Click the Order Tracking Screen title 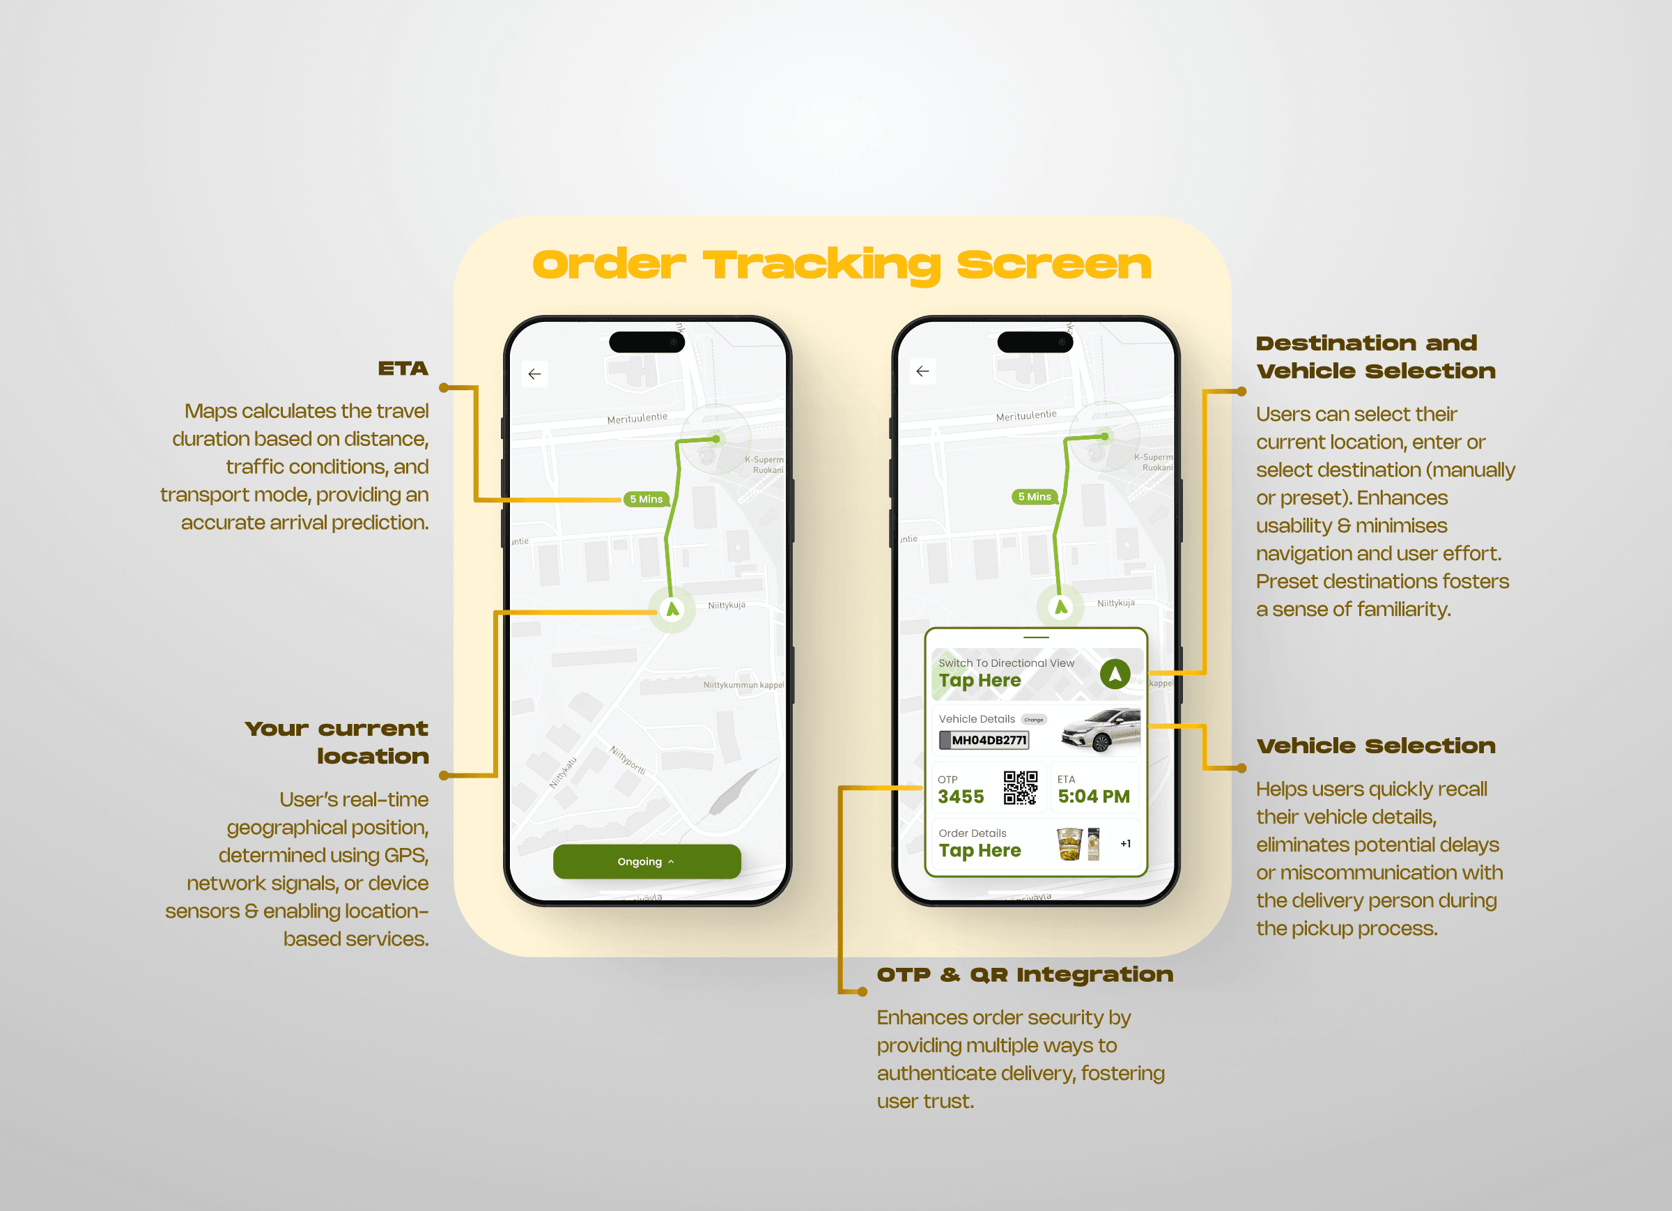click(x=841, y=265)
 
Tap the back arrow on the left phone click(x=534, y=374)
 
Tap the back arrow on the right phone click(x=922, y=371)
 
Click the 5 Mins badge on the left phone click(x=646, y=500)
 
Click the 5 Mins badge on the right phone click(x=1035, y=496)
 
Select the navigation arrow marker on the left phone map click(x=672, y=609)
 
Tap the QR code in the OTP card click(x=1021, y=787)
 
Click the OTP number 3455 click(x=961, y=796)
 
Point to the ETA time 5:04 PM click(x=1093, y=796)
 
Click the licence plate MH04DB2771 click(x=986, y=740)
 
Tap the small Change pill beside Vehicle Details click(x=1034, y=720)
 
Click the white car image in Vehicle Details click(x=1101, y=730)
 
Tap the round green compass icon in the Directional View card click(x=1115, y=674)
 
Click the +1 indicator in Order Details click(x=1125, y=844)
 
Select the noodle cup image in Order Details click(x=1069, y=844)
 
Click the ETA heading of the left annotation click(x=403, y=369)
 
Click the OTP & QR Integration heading click(x=1025, y=975)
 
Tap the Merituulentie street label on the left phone click(x=637, y=418)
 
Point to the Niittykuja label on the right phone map click(x=1115, y=603)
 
